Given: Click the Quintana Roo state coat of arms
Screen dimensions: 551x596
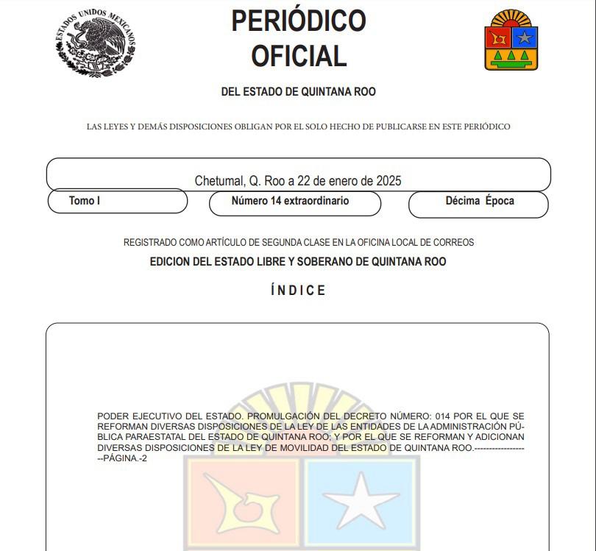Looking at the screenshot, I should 511,41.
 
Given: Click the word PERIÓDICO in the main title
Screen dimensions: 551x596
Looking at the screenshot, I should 298,21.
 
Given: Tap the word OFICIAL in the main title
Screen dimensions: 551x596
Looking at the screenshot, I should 298,56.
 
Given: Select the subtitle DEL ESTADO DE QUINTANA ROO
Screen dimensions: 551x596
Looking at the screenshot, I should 298,92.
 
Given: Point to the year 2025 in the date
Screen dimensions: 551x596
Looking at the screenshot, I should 389,180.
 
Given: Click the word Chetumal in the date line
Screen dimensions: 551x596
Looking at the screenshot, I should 218,180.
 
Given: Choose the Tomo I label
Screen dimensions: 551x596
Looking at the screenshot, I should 85,200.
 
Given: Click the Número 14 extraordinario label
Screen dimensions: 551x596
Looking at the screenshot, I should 290,200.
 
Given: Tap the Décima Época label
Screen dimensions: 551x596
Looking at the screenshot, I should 480,200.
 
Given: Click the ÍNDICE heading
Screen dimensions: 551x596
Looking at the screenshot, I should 298,291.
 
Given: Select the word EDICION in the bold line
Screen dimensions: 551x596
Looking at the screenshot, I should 171,261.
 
